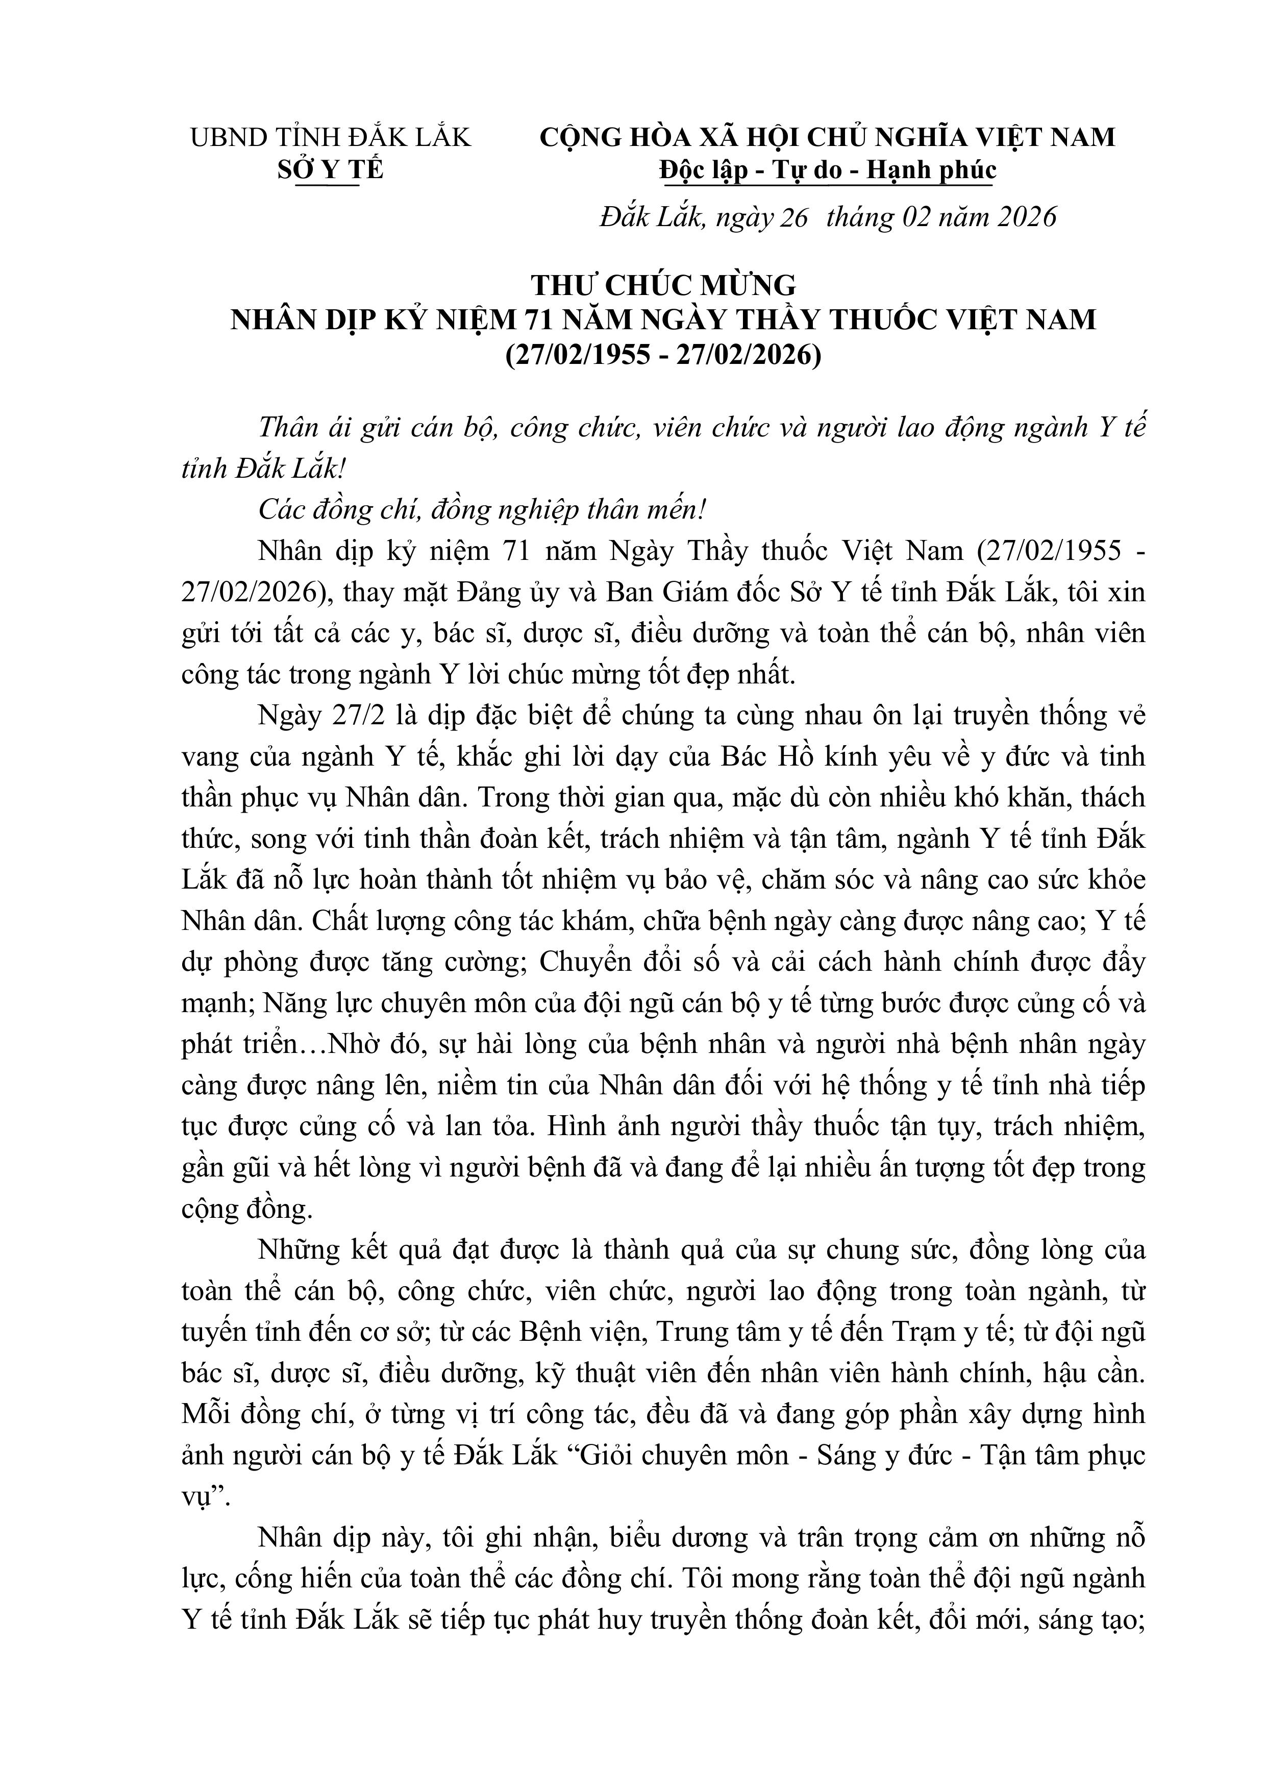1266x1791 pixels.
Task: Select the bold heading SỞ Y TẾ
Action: pyautogui.click(x=331, y=170)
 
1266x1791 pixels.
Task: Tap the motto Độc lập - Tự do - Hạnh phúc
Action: pyautogui.click(x=828, y=170)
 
